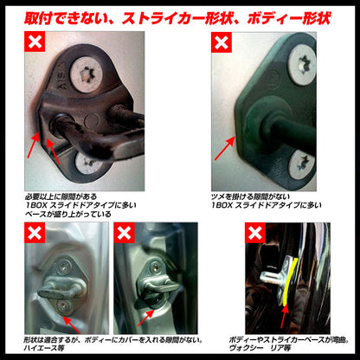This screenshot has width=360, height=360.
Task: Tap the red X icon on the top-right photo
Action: click(x=221, y=42)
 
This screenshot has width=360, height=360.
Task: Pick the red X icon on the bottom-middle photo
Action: click(x=125, y=232)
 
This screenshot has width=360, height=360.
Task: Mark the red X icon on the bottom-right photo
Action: click(x=256, y=232)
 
